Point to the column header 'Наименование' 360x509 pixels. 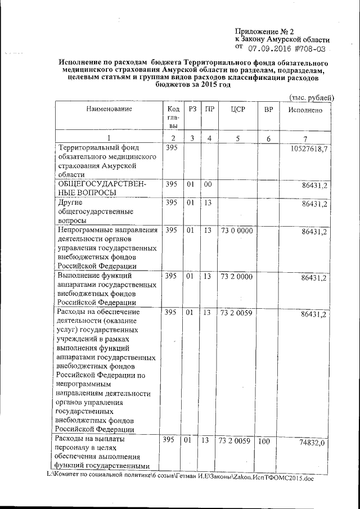(x=109, y=109)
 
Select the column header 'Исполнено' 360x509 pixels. (x=305, y=110)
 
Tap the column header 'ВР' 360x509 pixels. (x=268, y=109)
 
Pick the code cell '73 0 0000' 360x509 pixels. (x=236, y=231)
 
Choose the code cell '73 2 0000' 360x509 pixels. (x=236, y=277)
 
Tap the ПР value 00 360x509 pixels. (x=208, y=184)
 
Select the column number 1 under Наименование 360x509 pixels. (x=109, y=138)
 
